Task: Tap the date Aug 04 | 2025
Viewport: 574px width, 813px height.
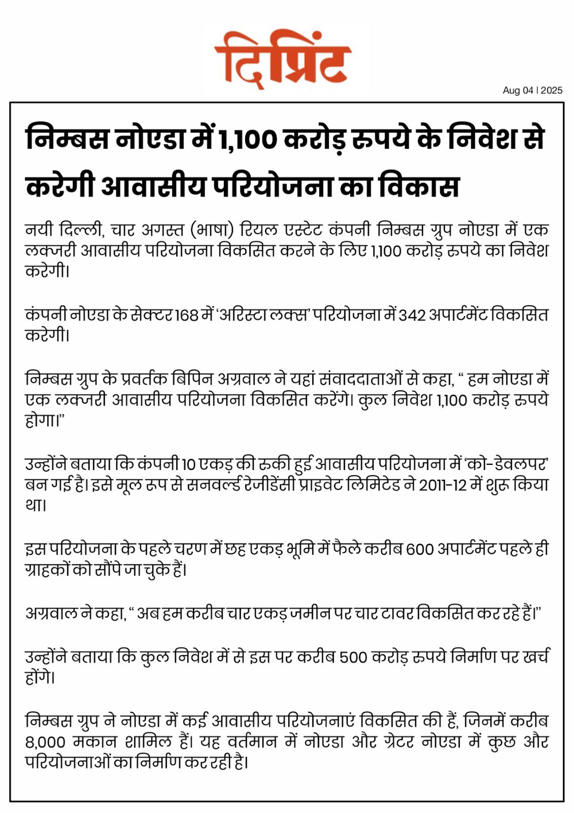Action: click(532, 90)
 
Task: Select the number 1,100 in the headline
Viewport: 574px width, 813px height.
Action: click(248, 140)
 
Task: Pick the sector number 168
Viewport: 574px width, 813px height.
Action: click(187, 315)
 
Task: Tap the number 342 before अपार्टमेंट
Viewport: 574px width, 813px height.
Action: click(412, 315)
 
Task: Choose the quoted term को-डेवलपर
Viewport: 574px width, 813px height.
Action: click(506, 464)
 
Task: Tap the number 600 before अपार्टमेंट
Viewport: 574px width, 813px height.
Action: click(420, 549)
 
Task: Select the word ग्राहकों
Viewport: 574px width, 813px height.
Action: click(48, 570)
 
